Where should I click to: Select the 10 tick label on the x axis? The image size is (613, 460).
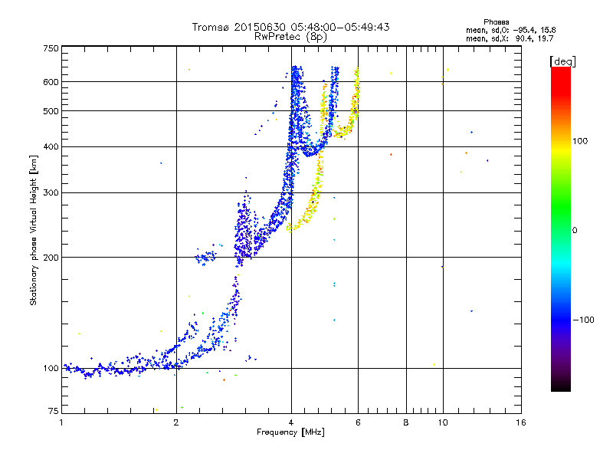click(442, 423)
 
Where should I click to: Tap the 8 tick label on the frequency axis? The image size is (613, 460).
click(406, 423)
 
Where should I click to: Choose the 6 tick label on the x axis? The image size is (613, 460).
click(359, 423)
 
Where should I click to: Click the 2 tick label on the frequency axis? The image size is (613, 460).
click(176, 423)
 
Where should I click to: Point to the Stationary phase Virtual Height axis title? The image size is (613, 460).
click(34, 230)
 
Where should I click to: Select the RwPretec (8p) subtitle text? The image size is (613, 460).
click(290, 36)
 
